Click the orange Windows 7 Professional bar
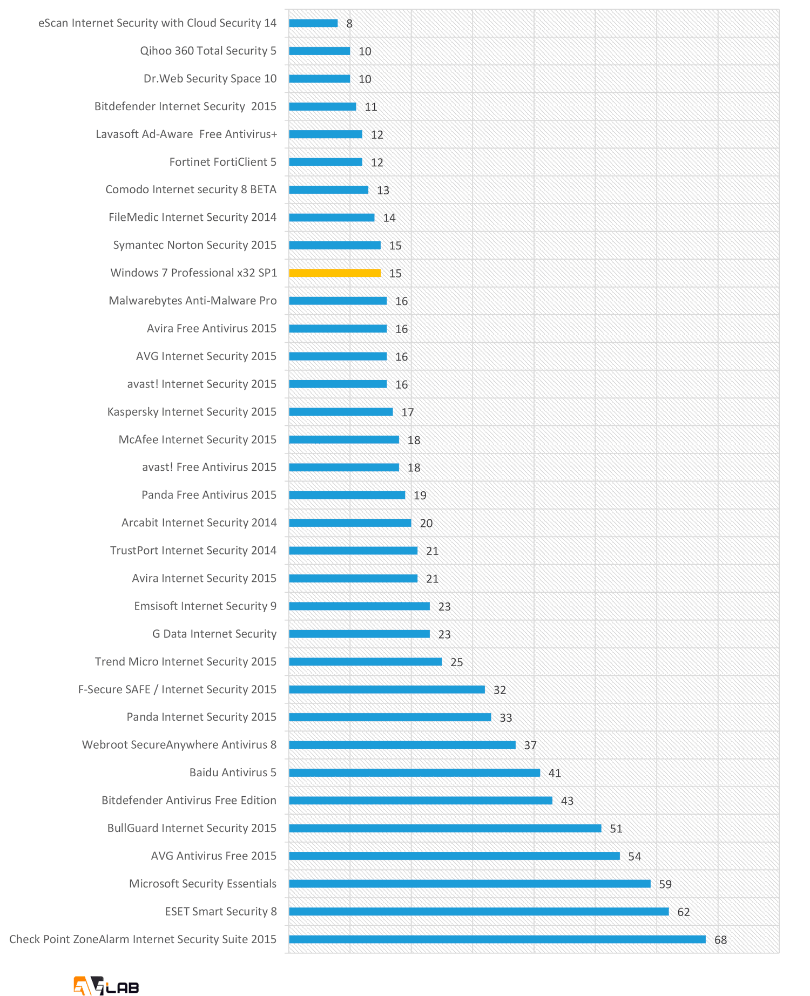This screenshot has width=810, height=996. pos(335,273)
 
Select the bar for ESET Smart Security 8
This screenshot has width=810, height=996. pos(478,912)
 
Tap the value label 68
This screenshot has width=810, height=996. pos(720,940)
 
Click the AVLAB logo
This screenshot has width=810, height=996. pos(106,985)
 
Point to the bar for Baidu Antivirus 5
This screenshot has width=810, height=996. pos(414,773)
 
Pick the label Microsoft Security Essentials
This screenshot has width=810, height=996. pos(202,884)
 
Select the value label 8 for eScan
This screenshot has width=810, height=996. pos(349,24)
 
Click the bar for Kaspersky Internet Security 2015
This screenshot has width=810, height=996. pos(341,412)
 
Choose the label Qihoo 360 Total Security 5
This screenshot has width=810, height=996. pos(208,51)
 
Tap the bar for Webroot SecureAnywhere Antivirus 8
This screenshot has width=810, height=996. pos(402,745)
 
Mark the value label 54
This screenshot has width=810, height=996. pos(634,857)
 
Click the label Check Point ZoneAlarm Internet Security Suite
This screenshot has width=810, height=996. pos(143,939)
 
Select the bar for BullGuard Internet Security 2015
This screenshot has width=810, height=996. pos(445,829)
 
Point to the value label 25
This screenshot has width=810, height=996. pos(457,662)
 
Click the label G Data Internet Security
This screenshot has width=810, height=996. pos(214,634)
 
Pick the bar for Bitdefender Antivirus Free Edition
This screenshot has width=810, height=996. pos(421,801)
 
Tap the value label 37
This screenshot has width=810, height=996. pos(530,746)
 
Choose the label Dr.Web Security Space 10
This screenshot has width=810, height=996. pos(210,79)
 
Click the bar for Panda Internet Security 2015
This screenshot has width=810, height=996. pos(390,717)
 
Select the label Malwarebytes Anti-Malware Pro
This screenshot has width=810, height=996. pos(193,301)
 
